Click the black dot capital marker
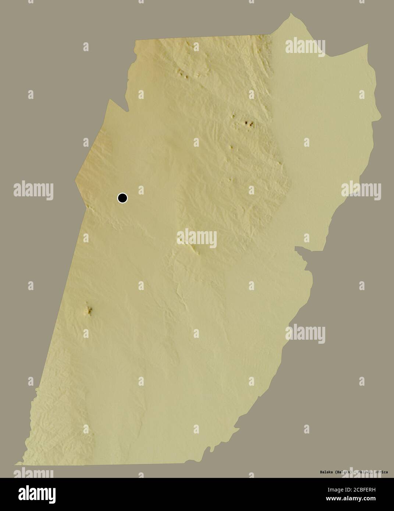tap(123, 198)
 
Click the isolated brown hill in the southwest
tap(88, 311)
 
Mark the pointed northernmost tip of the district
tap(291, 14)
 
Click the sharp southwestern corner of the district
tap(15, 464)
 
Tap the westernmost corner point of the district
tap(76, 180)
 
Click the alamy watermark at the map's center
tap(197, 238)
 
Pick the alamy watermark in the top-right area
tap(305, 46)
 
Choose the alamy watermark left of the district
tap(33, 190)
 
